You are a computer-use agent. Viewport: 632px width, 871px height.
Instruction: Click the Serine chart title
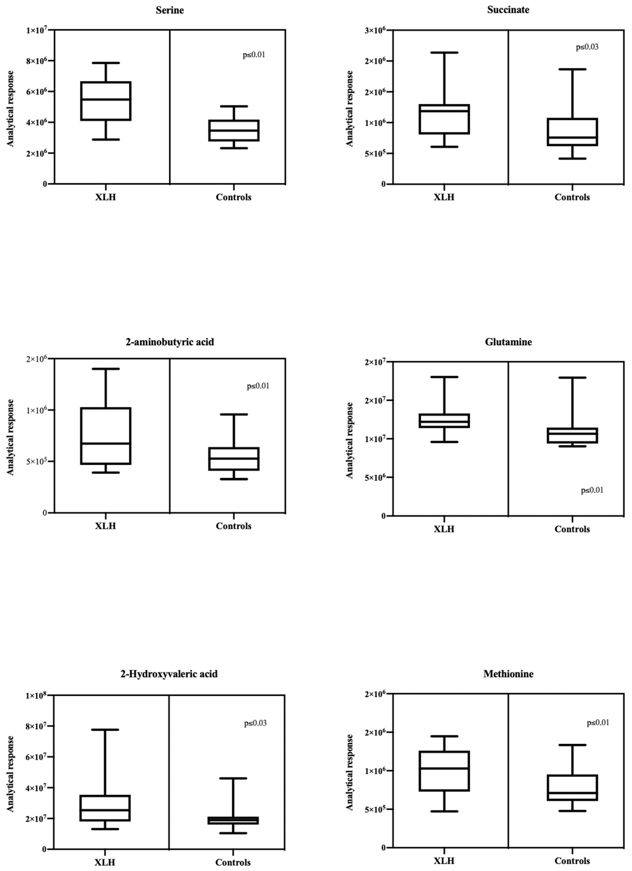(x=169, y=10)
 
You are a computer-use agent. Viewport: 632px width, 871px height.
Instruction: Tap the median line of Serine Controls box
(x=234, y=130)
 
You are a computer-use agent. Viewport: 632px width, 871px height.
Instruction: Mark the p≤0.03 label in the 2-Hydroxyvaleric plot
(x=255, y=723)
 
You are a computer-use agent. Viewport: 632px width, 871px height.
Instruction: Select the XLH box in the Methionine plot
(x=444, y=771)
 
